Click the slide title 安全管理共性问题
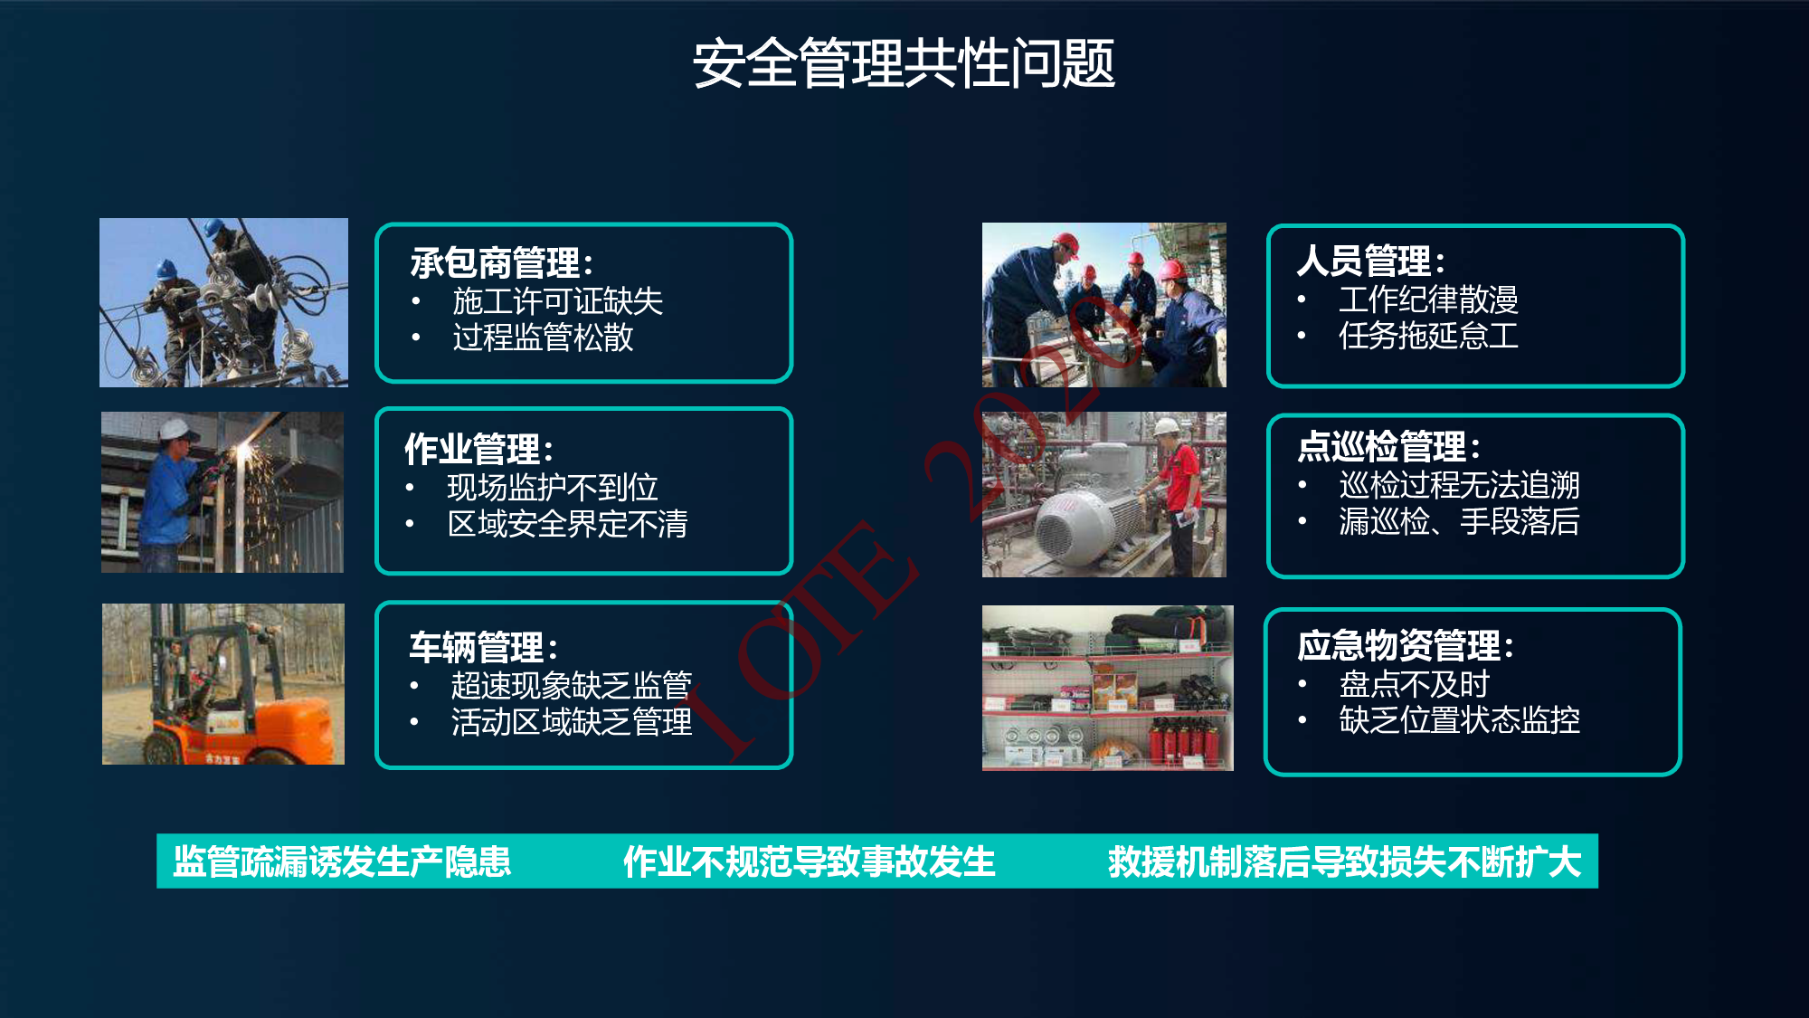[904, 63]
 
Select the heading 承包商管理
[496, 263]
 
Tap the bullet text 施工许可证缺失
[558, 300]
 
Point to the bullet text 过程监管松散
[543, 338]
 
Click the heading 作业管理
[473, 449]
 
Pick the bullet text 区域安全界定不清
[567, 524]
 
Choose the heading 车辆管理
[477, 647]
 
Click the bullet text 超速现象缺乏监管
[572, 685]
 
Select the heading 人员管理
[1364, 261]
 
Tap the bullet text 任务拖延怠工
[1428, 336]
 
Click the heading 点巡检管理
[1381, 447]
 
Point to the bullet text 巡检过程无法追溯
[1459, 485]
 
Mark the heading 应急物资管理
[1398, 646]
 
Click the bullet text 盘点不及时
[1414, 684]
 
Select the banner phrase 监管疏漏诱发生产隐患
[342, 861]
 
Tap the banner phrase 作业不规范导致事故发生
[809, 861]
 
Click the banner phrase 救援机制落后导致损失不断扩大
[1344, 861]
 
